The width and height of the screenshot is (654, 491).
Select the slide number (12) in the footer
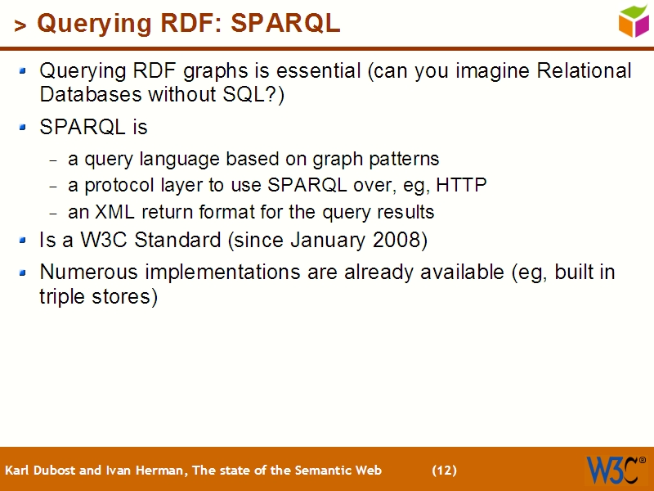[x=444, y=471]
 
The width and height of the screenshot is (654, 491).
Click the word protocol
[x=116, y=186]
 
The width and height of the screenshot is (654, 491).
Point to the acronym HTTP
[x=461, y=185]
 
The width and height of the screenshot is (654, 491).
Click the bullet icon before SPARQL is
[x=24, y=128]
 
